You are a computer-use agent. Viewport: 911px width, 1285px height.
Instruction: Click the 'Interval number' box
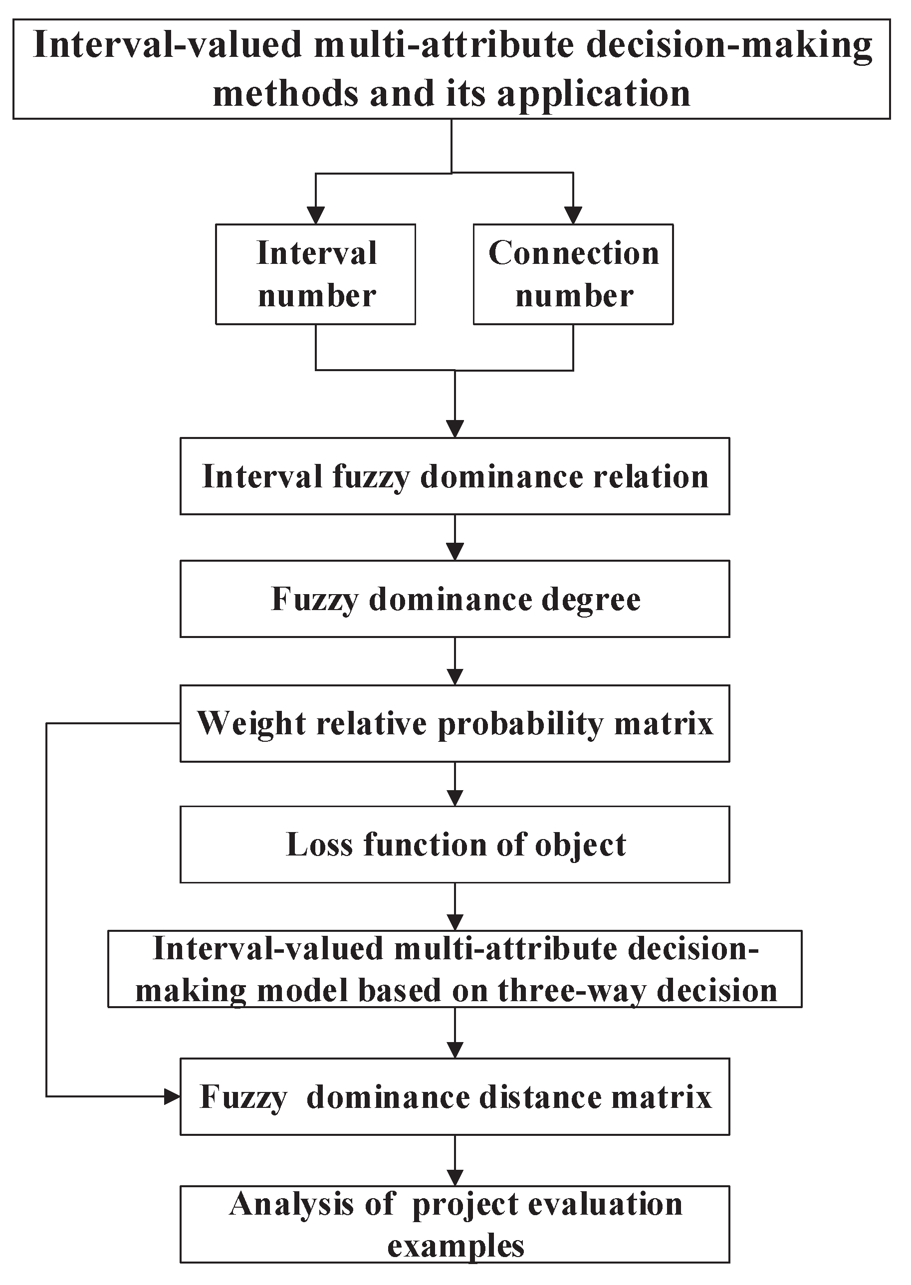[316, 274]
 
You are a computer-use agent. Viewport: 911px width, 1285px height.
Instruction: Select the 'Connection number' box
[573, 274]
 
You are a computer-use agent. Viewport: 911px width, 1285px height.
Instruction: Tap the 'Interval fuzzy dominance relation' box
[455, 476]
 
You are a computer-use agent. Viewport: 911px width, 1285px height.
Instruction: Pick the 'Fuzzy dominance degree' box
[455, 599]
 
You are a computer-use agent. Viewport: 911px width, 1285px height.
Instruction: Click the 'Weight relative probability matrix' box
[455, 723]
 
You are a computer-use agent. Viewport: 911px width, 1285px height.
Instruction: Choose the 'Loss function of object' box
[455, 845]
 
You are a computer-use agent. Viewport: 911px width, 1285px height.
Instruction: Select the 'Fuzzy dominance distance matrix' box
[455, 1096]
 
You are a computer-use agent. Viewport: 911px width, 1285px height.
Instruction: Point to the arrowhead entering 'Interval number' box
[316, 216]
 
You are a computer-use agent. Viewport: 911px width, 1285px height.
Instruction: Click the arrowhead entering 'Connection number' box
[573, 216]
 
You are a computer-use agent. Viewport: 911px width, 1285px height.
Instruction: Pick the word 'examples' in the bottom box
[455, 1246]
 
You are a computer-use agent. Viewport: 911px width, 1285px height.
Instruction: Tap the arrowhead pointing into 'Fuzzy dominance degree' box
[455, 552]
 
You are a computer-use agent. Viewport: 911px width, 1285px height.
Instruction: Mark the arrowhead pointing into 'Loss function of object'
[455, 798]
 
